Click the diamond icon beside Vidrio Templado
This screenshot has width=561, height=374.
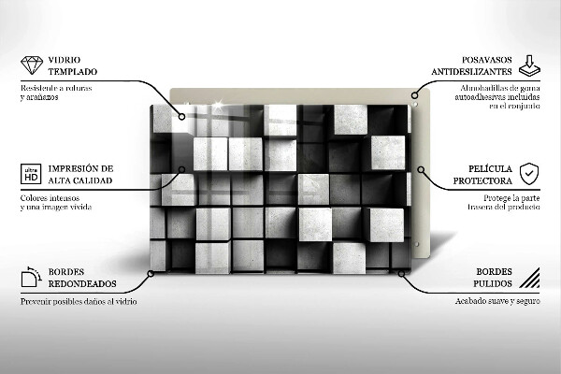click(x=31, y=65)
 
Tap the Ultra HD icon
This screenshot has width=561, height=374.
click(x=31, y=174)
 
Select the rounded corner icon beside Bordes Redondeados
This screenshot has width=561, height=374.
click(x=31, y=277)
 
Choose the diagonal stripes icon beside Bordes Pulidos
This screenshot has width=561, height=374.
click(x=529, y=277)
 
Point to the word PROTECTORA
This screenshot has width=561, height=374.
click(x=482, y=180)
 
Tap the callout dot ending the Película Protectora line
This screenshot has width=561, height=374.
click(x=422, y=170)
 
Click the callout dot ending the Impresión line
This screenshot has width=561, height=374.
click(x=183, y=170)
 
